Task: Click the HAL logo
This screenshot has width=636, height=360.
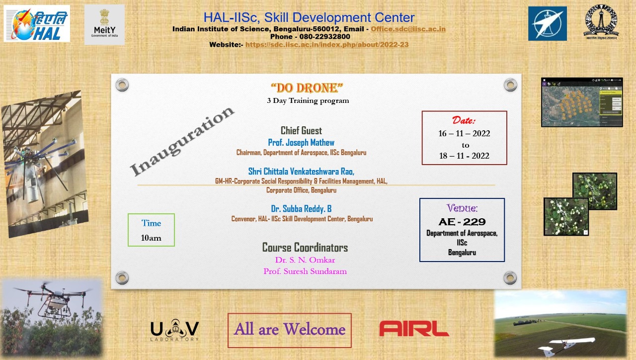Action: pyautogui.click(x=37, y=24)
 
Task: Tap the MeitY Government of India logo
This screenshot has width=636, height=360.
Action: pyautogui.click(x=104, y=25)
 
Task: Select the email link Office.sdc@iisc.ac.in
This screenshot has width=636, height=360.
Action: pyautogui.click(x=408, y=29)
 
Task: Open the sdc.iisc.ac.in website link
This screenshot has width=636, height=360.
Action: pyautogui.click(x=327, y=45)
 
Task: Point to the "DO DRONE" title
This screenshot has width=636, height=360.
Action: pyautogui.click(x=307, y=88)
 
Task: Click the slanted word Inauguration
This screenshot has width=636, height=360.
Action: pyautogui.click(x=182, y=141)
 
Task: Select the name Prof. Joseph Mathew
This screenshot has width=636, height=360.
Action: pyautogui.click(x=301, y=143)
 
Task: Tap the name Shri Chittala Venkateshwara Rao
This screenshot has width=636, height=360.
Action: pyautogui.click(x=301, y=172)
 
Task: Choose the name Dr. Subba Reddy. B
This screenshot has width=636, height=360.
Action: pyautogui.click(x=301, y=209)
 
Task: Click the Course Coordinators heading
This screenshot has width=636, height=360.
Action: pyautogui.click(x=305, y=248)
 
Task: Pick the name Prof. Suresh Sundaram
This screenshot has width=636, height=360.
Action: pyautogui.click(x=305, y=271)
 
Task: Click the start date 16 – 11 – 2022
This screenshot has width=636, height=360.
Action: pyautogui.click(x=464, y=134)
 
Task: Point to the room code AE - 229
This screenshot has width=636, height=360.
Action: pyautogui.click(x=462, y=222)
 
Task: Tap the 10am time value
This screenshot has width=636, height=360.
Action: pyautogui.click(x=151, y=238)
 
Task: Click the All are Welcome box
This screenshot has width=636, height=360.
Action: pyautogui.click(x=290, y=330)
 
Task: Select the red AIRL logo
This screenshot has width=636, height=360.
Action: pyautogui.click(x=414, y=329)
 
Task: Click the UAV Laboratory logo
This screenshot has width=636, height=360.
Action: pyautogui.click(x=174, y=331)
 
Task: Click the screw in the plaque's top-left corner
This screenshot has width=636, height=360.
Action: pyautogui.click(x=122, y=85)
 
